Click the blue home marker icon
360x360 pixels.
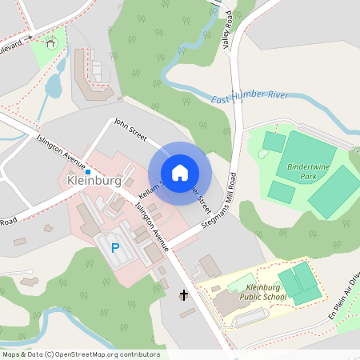[180, 172]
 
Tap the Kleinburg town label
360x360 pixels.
[94, 182]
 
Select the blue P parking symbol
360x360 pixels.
[114, 248]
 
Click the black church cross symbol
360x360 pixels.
[183, 295]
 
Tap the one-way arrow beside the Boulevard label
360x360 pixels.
[27, 37]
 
